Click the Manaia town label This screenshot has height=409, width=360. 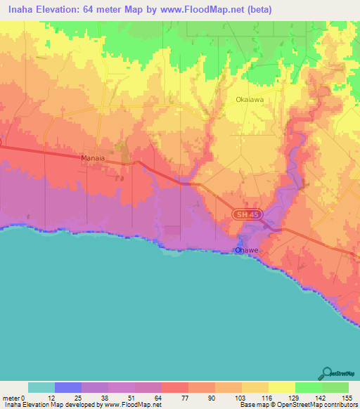tap(93, 159)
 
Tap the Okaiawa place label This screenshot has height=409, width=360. tap(250, 100)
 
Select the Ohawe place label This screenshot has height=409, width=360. tap(247, 249)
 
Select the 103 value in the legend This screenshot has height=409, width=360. tap(242, 397)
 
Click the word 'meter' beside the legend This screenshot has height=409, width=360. tap(11, 397)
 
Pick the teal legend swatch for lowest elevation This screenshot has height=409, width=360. tap(41, 387)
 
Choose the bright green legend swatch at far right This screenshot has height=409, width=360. tap(335, 387)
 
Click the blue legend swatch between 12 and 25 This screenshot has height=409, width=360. tap(68, 387)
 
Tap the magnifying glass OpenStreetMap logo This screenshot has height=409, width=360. tap(327, 373)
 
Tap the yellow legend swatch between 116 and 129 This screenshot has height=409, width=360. tap(281, 387)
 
